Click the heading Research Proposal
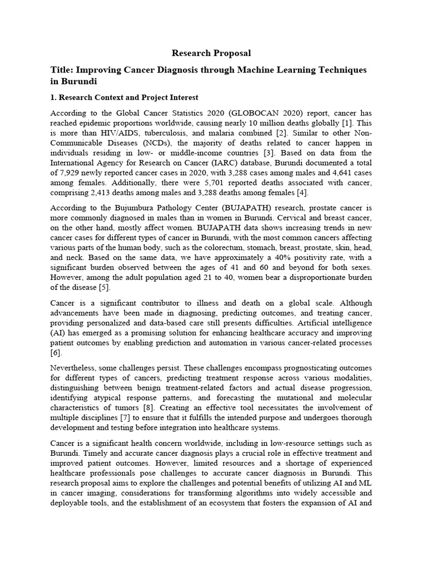tap(211, 53)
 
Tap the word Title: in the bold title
tap(61, 70)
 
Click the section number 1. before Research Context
tap(53, 98)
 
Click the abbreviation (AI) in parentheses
tap(58, 332)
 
